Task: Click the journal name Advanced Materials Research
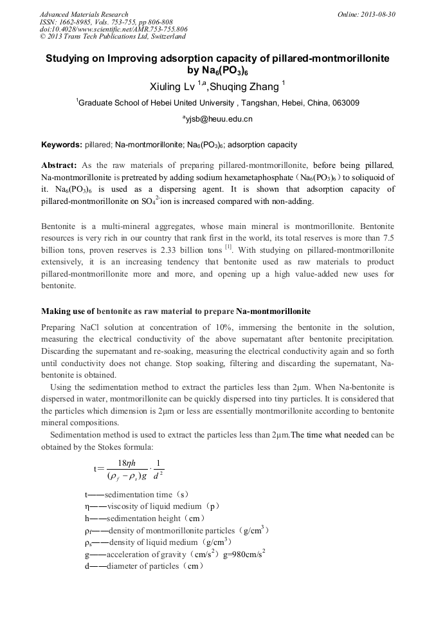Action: (84, 14)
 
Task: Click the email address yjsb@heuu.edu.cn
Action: (218, 119)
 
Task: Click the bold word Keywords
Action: (60, 145)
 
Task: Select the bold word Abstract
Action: (59, 165)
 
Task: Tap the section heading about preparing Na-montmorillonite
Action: (176, 311)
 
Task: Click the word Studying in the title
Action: (70, 58)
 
